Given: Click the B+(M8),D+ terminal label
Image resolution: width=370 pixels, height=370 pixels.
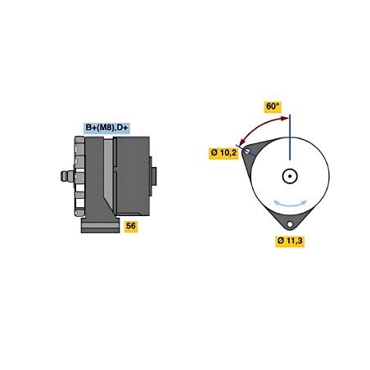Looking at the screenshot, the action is pyautogui.click(x=106, y=128).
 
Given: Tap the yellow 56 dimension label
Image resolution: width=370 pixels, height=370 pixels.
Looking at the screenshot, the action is pyautogui.click(x=131, y=226).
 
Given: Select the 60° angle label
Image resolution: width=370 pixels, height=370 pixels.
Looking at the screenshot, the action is pyautogui.click(x=273, y=106).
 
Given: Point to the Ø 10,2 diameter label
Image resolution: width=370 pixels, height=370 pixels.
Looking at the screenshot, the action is pyautogui.click(x=223, y=153).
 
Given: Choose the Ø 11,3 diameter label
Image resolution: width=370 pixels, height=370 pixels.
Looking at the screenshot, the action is pyautogui.click(x=290, y=241).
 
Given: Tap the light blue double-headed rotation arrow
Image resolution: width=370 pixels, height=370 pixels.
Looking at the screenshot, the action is pyautogui.click(x=290, y=204).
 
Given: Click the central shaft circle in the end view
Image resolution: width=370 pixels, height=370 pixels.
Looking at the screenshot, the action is pyautogui.click(x=290, y=176).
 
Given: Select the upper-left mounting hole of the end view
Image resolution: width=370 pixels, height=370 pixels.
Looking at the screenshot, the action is pyautogui.click(x=247, y=151).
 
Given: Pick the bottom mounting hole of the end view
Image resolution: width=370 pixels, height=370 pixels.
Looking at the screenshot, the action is pyautogui.click(x=290, y=224).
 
